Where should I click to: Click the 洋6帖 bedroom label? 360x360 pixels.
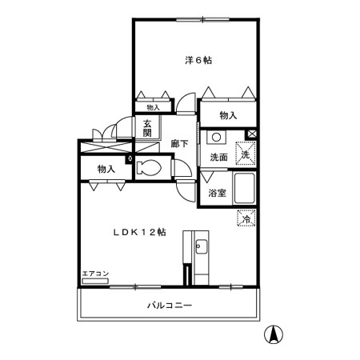point(198,60)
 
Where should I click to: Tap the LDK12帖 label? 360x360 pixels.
point(140,232)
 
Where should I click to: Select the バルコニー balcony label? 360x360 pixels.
point(170,305)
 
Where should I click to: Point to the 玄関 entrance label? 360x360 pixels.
point(147,128)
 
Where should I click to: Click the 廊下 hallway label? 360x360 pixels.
point(179,144)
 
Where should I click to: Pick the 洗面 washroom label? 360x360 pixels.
point(218,158)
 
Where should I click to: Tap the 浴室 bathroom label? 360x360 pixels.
point(218,193)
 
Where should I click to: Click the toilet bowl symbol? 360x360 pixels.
point(149,168)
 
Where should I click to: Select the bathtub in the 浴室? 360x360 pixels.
point(244,188)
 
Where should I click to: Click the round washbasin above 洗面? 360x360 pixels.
point(217,138)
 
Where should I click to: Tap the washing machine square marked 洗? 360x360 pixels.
point(246,154)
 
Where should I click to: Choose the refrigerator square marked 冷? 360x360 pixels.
point(246,218)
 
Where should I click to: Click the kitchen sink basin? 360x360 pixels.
point(201,246)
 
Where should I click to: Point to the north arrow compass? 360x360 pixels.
point(274,334)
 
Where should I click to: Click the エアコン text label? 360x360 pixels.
point(95,274)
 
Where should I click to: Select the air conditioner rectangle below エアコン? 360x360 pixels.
point(95,281)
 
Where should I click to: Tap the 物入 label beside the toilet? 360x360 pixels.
point(106,169)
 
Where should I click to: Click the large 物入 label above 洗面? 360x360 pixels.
point(228,115)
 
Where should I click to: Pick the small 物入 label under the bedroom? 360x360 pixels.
point(153,107)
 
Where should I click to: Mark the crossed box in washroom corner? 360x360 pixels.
point(251,134)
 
